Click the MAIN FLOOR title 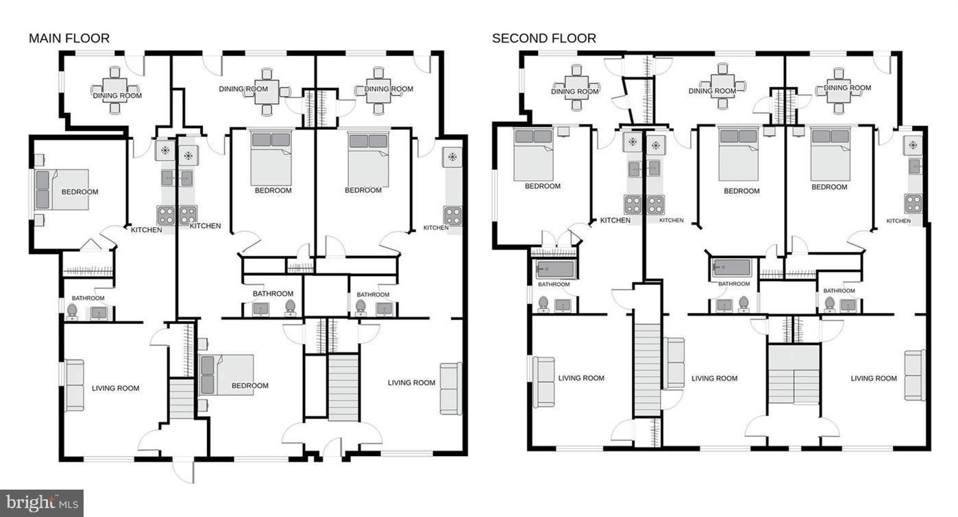[69, 38]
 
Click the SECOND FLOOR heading [544, 38]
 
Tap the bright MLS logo [42, 503]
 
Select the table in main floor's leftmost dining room [115, 90]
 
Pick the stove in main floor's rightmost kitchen [452, 216]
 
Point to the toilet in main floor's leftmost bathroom [72, 312]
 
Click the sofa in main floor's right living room [451, 389]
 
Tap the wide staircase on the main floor [343, 388]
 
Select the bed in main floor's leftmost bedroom [62, 190]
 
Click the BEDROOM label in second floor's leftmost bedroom [542, 186]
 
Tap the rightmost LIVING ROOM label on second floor [873, 379]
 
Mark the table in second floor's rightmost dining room [839, 91]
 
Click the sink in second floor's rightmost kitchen [914, 166]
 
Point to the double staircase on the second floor [794, 375]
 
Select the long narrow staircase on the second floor [648, 370]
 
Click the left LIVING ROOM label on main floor [116, 388]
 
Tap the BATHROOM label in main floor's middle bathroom [273, 294]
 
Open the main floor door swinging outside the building [184, 470]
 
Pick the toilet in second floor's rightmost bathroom [829, 305]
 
